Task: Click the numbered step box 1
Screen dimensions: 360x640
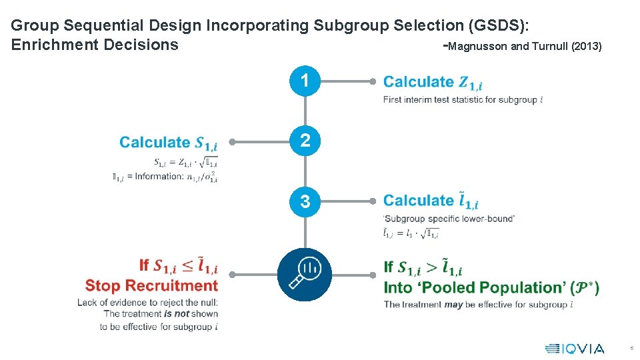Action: click(305, 81)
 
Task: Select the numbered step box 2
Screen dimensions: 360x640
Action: click(305, 141)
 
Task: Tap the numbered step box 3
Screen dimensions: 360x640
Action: click(305, 201)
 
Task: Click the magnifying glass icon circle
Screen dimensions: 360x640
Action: click(305, 274)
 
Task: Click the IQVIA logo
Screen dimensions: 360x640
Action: click(575, 348)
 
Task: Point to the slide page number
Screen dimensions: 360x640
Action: click(631, 349)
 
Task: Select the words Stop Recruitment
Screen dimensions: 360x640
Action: click(151, 286)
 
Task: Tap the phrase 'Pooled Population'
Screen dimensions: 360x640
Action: click(475, 288)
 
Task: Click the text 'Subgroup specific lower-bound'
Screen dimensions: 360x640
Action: click(449, 219)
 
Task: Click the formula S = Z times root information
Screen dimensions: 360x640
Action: click(185, 162)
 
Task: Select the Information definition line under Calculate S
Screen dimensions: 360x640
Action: click(165, 177)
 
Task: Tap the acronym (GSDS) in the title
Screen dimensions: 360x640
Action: click(499, 26)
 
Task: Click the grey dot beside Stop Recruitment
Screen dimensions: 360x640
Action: click(232, 274)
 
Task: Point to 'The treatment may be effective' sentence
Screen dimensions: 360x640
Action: click(477, 305)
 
